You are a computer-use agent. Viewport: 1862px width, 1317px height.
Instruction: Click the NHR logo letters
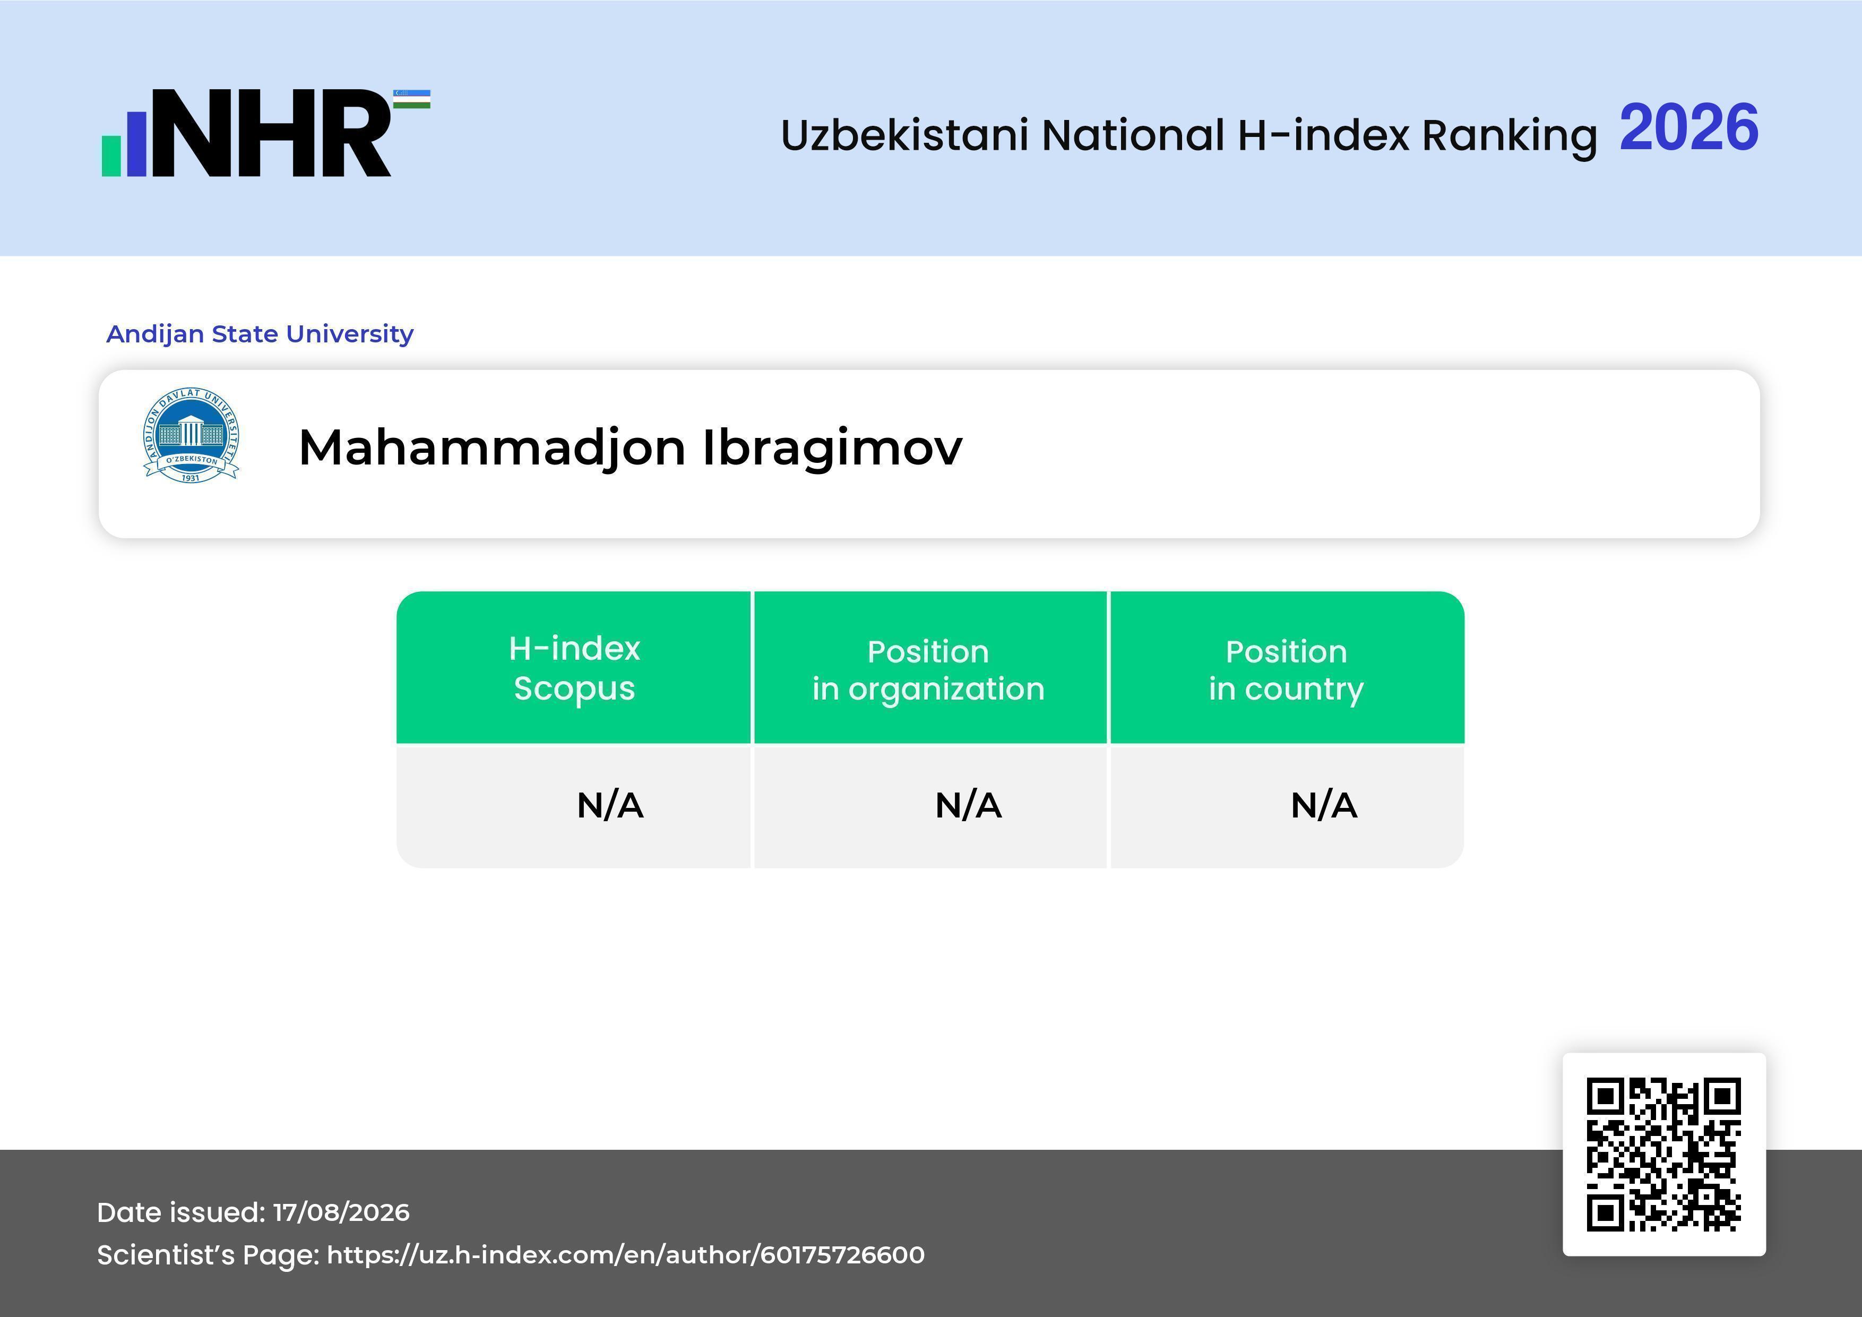(272, 133)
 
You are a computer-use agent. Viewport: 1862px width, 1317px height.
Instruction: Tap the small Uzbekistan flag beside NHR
(412, 99)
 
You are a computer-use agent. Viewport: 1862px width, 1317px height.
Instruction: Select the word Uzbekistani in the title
(905, 135)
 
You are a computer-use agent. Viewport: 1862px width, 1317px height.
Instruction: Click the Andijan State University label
(260, 333)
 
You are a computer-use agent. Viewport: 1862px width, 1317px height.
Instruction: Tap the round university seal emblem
(192, 435)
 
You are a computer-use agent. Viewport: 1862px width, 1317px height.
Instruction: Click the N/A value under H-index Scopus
(610, 805)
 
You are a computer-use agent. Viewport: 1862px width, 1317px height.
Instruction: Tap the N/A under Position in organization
(968, 805)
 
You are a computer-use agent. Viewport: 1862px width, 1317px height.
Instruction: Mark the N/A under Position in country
(1323, 805)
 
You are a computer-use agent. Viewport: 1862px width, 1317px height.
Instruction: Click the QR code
(1664, 1154)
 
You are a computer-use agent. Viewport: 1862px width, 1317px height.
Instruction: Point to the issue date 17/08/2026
(341, 1212)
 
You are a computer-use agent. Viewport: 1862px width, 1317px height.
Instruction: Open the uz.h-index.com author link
(625, 1254)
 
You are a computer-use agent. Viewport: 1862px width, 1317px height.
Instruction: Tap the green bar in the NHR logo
(111, 155)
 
